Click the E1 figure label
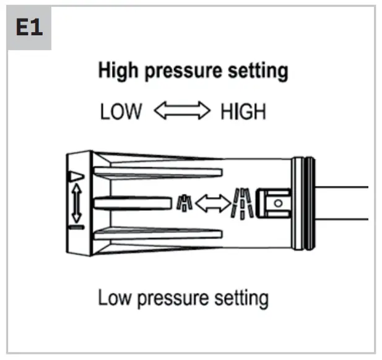click(x=29, y=29)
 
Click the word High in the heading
click(x=118, y=71)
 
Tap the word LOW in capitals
click(x=121, y=112)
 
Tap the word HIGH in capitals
click(x=243, y=112)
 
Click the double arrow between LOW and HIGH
click(x=181, y=112)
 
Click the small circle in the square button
click(x=278, y=203)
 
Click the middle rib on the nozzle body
click(x=130, y=203)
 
